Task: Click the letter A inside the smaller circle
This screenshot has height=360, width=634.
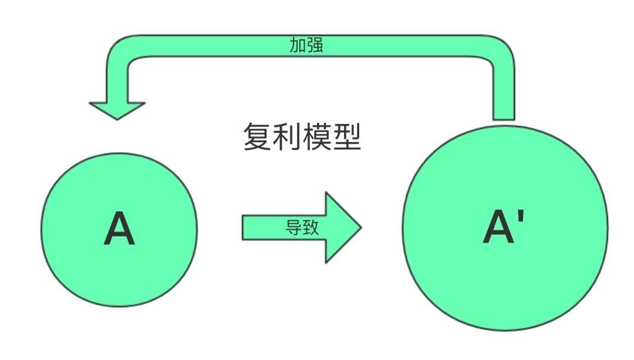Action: (119, 228)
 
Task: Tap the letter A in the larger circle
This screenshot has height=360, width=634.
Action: (499, 227)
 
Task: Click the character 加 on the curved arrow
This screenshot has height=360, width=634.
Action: (298, 45)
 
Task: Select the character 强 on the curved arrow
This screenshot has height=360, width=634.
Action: (315, 45)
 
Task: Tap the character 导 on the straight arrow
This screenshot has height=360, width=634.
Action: (294, 227)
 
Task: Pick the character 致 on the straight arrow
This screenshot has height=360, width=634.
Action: (311, 227)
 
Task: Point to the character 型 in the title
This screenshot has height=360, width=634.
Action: (347, 137)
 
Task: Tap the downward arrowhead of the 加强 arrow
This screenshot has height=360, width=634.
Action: (117, 110)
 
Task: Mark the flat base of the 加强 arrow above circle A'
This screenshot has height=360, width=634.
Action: (504, 119)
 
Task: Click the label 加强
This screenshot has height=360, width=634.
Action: (306, 45)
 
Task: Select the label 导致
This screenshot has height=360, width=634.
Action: (302, 227)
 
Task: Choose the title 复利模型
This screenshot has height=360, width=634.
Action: (302, 137)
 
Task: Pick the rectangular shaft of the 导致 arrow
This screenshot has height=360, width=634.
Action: (284, 228)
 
